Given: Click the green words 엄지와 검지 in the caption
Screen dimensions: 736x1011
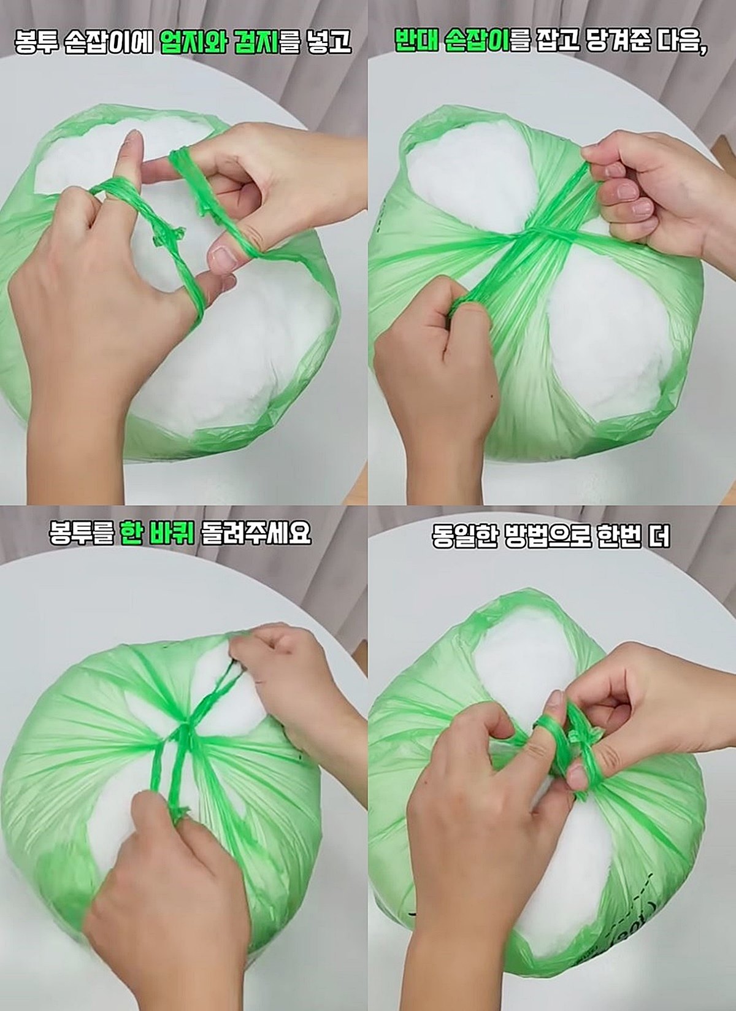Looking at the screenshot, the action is pos(220,43).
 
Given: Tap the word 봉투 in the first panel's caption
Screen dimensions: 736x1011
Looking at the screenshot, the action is pos(36,43).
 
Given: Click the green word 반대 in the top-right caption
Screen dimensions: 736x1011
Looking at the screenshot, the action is pos(415,42).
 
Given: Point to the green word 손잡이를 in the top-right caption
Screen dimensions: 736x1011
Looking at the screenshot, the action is pos(486,42).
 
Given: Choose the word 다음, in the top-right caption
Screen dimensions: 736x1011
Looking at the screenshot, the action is pos(682,42).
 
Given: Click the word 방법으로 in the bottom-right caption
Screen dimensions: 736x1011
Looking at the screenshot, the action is pos(543,537).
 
